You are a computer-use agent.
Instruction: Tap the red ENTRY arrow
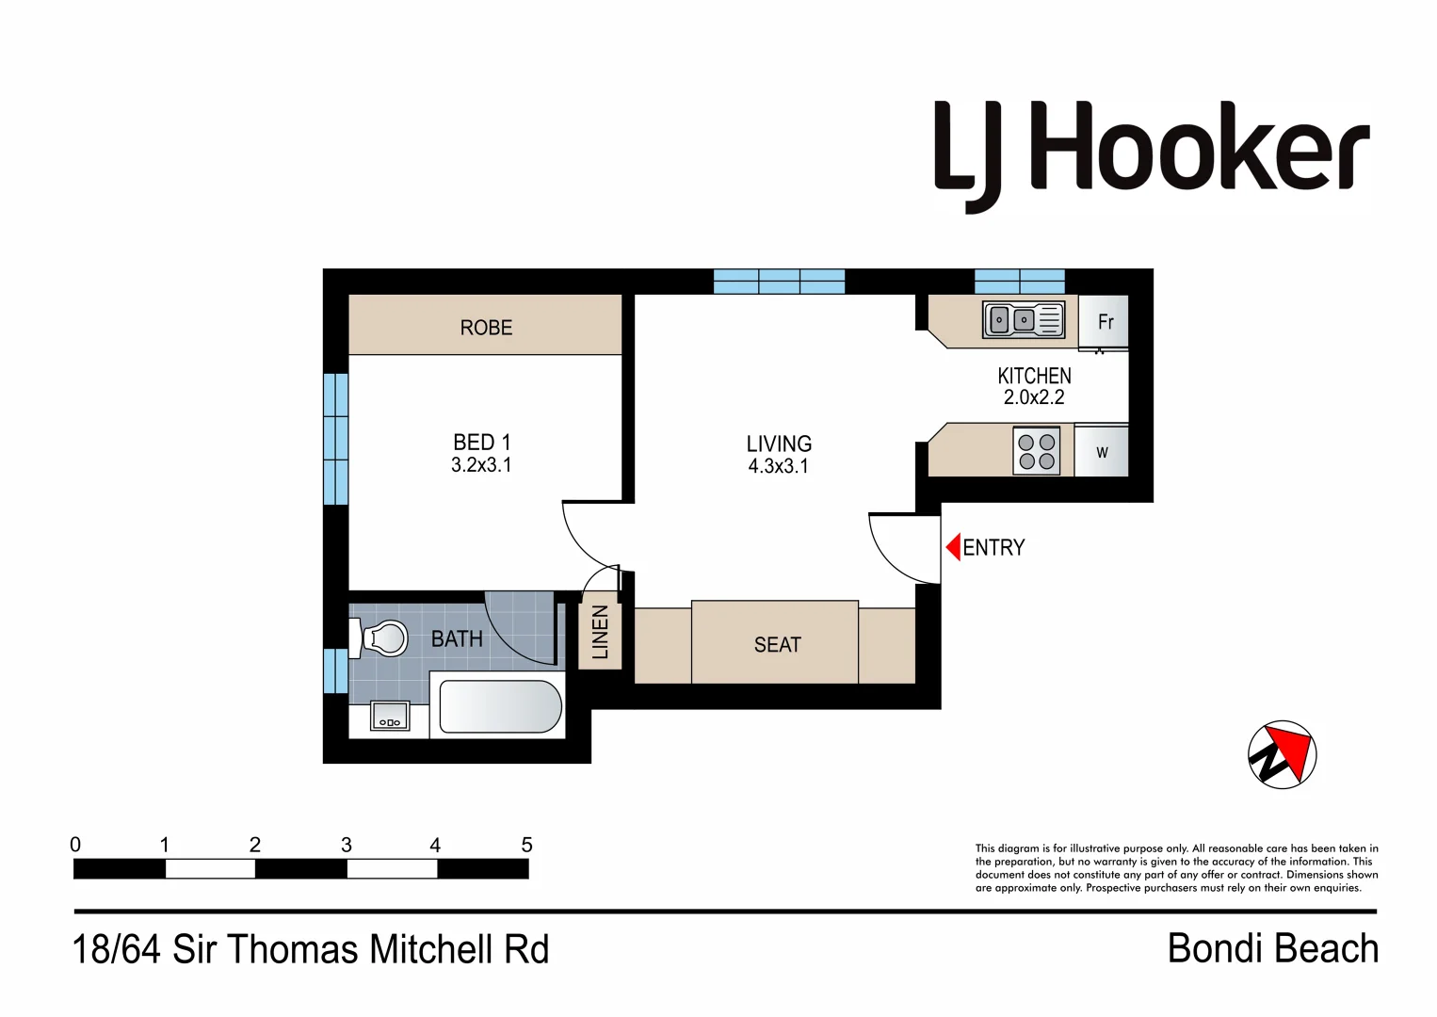click(x=953, y=546)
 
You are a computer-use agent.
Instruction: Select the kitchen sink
click(x=1023, y=320)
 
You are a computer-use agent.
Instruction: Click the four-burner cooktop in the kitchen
click(x=1037, y=451)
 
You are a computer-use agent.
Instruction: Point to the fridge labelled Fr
click(x=1105, y=322)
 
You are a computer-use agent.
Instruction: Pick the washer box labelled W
click(x=1101, y=452)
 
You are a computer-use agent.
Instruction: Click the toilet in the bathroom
click(x=382, y=638)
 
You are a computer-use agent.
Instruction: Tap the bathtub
click(x=500, y=706)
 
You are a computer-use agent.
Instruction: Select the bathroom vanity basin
click(x=390, y=717)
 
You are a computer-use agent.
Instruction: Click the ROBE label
click(x=486, y=328)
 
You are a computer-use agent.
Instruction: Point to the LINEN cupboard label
click(x=600, y=632)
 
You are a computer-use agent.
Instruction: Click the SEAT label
click(x=777, y=645)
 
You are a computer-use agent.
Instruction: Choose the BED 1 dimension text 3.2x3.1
click(x=481, y=465)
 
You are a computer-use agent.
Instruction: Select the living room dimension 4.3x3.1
click(x=778, y=466)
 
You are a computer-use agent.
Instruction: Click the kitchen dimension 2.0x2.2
click(x=1033, y=397)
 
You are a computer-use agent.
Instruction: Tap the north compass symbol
click(x=1282, y=754)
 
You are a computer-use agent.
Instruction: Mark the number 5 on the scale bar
click(x=526, y=845)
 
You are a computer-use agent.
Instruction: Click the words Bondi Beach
click(x=1272, y=948)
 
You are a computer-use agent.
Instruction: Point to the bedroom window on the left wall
click(x=335, y=439)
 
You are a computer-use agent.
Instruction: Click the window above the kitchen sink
click(x=1019, y=281)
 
